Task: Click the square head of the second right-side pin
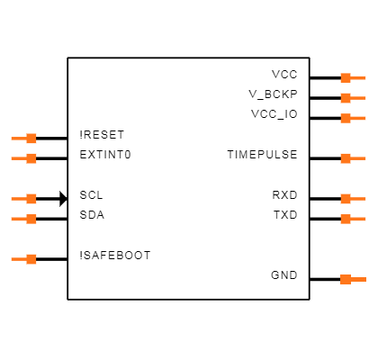(346, 98)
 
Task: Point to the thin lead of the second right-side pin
(358, 98)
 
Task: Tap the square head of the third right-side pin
(346, 118)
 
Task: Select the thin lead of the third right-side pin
(358, 118)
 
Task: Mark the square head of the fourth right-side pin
(346, 158)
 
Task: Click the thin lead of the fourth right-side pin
(358, 158)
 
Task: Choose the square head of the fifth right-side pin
(346, 199)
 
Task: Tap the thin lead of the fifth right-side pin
(358, 199)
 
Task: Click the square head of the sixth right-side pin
(346, 219)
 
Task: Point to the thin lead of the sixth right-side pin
(358, 219)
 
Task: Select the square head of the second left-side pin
(31, 158)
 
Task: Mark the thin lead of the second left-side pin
(18, 158)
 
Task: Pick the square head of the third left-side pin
(31, 199)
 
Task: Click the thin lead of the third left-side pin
(18, 199)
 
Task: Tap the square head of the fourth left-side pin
(31, 219)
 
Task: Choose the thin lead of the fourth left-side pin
(18, 219)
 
